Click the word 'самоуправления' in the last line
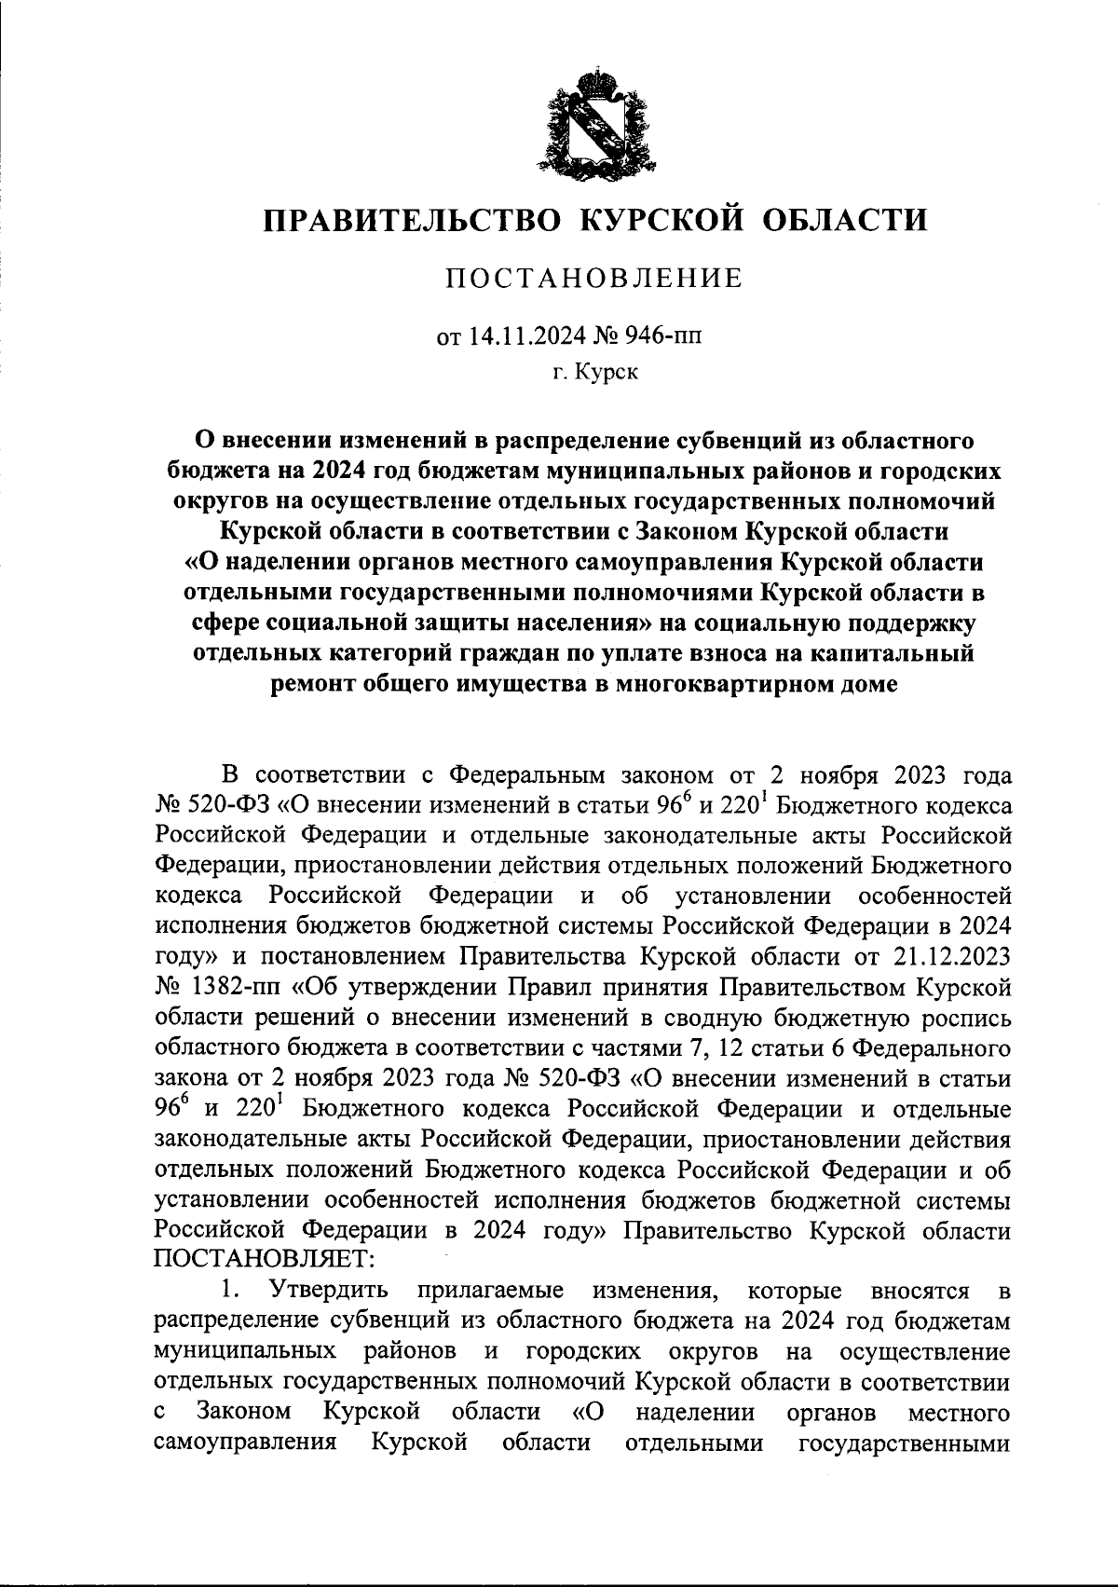click(245, 1443)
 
